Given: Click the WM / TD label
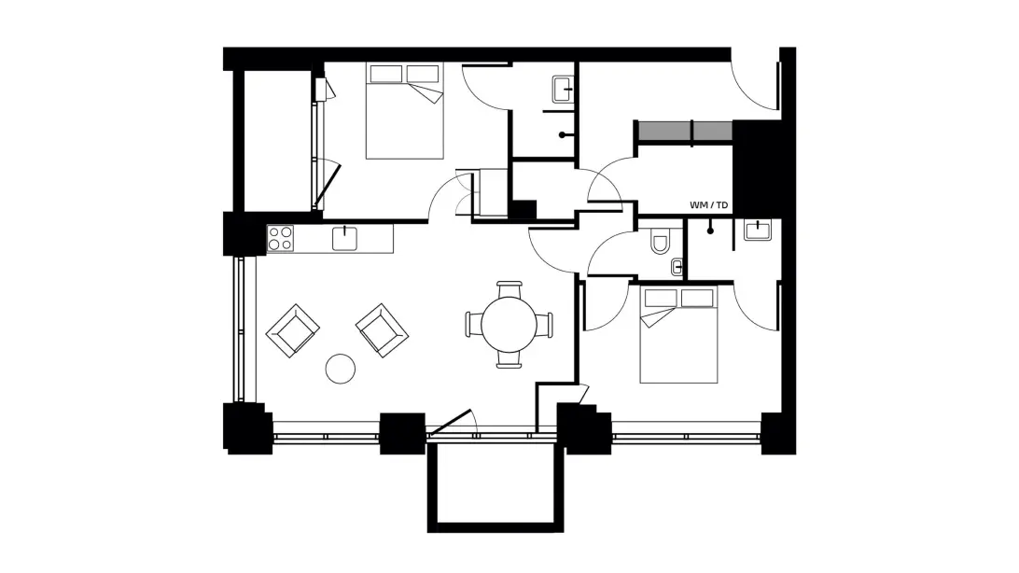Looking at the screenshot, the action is [708, 205].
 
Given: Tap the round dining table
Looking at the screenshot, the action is [509, 325].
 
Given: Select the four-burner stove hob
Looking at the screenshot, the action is [281, 238].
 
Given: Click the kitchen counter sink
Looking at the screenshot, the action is [344, 238].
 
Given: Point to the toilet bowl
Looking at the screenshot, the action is [660, 242].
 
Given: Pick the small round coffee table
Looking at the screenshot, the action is [341, 369].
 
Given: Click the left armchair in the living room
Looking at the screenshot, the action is [292, 330].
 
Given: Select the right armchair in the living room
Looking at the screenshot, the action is [383, 330].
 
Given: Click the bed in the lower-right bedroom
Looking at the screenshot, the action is [678, 335].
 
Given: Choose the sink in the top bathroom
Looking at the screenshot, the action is [563, 90].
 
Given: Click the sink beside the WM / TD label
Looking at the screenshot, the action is [758, 230].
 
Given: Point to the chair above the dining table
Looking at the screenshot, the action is [509, 289].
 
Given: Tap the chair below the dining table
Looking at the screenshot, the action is [509, 360].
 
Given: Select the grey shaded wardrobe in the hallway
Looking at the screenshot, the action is [685, 132].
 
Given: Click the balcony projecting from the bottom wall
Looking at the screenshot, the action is [496, 487].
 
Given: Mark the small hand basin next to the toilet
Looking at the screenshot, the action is [677, 266].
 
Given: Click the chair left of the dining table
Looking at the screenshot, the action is [474, 325].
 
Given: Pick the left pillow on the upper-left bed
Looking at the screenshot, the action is [386, 74].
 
